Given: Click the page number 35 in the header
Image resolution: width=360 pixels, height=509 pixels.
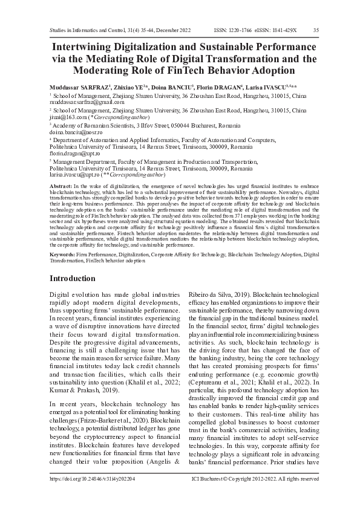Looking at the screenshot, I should pos(316,29).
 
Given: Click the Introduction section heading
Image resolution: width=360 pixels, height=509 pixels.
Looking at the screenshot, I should pos(72,278).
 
